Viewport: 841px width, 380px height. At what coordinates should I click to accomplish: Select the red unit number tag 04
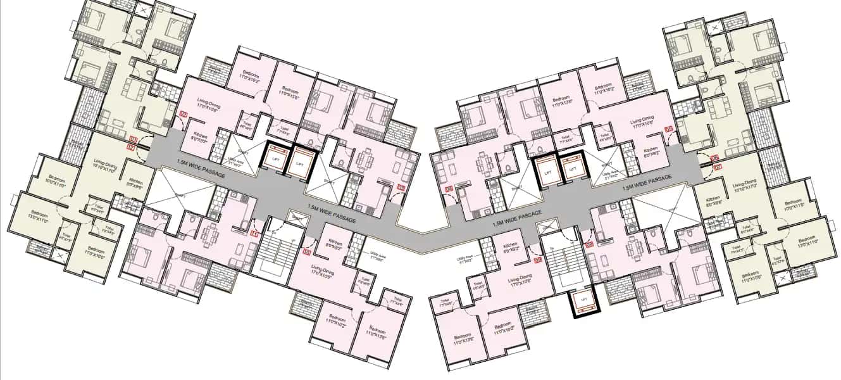point(449,188)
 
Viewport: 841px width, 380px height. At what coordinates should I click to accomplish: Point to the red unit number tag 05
point(668,129)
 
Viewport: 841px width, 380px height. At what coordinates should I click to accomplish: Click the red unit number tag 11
point(254,234)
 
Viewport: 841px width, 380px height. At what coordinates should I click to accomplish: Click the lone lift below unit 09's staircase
point(583,305)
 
